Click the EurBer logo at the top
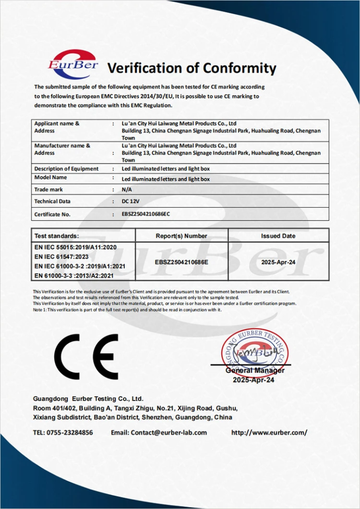click(x=73, y=64)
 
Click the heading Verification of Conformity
click(x=191, y=68)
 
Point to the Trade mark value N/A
click(x=127, y=189)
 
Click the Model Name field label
click(x=50, y=177)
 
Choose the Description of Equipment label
click(x=66, y=169)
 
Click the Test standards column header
click(x=57, y=236)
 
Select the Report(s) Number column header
click(x=181, y=236)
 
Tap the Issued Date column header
click(x=278, y=236)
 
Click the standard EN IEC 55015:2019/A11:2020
click(x=76, y=247)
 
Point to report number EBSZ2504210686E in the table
click(x=181, y=261)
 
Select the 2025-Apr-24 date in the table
click(x=278, y=261)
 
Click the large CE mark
click(x=86, y=356)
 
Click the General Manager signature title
click(x=255, y=370)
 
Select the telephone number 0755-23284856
click(x=70, y=432)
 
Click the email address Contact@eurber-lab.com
click(x=169, y=432)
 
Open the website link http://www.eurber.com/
click(x=269, y=432)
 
